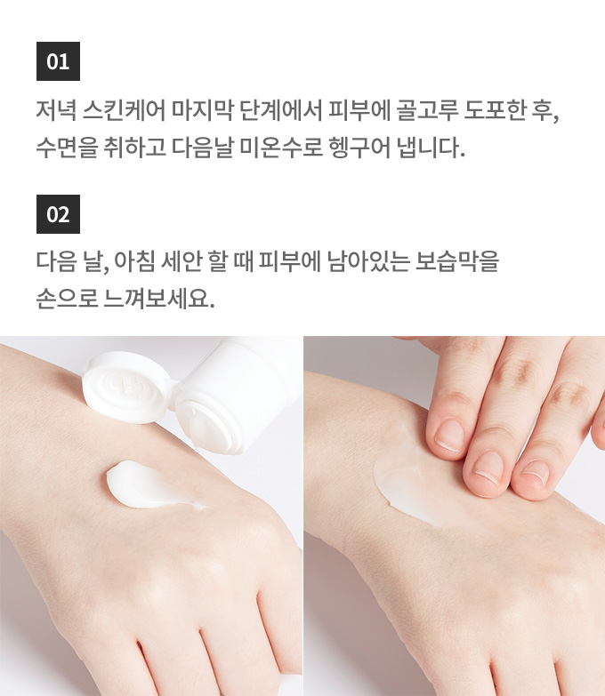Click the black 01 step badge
point(58,61)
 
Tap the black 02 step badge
point(58,214)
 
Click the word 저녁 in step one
point(55,110)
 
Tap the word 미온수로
point(281,148)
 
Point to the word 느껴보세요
point(158,299)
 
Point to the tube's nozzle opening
point(205,424)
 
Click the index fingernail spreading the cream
point(449,436)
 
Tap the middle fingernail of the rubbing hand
point(488,468)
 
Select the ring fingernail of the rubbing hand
point(535,473)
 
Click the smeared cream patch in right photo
point(408,479)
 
